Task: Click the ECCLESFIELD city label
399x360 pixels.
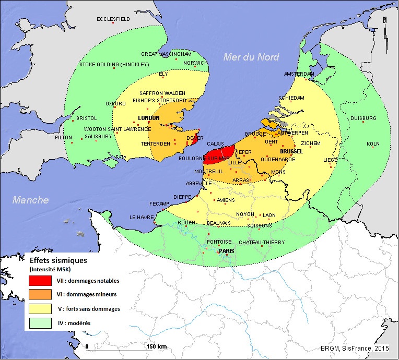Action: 113,19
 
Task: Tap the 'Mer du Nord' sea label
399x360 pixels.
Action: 251,57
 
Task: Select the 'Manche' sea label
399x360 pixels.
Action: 31,200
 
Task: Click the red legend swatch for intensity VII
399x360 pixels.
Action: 40,281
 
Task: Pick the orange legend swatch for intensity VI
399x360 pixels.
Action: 40,295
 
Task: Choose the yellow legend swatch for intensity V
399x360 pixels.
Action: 40,309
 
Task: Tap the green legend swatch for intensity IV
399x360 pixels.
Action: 40,323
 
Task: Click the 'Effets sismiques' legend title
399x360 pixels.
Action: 58,259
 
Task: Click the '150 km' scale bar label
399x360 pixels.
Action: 156,346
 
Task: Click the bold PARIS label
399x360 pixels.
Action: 226,251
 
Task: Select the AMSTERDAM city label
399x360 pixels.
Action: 300,74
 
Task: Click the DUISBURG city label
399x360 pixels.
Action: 363,118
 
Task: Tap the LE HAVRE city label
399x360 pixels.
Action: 140,218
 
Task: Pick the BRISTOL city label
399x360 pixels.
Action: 87,118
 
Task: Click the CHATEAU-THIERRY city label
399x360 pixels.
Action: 262,243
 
